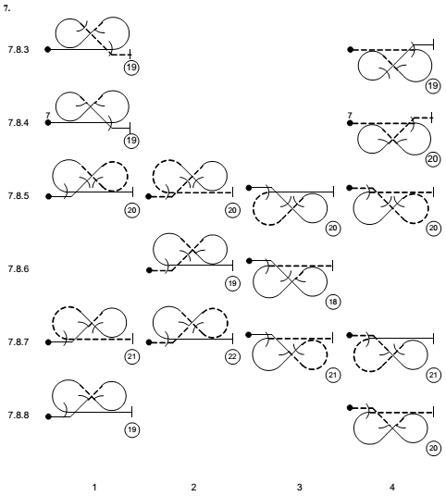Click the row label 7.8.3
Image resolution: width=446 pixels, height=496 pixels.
click(19, 50)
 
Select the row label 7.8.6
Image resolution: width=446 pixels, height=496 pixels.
click(19, 269)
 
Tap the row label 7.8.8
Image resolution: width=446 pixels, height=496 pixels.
click(19, 415)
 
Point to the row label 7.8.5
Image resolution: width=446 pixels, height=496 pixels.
click(19, 196)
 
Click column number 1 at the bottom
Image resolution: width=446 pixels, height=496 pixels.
click(94, 487)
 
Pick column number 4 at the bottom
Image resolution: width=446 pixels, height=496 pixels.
click(392, 487)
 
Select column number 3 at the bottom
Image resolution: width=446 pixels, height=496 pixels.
click(299, 487)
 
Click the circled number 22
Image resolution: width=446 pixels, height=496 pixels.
click(232, 356)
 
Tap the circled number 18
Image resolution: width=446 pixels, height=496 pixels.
click(333, 302)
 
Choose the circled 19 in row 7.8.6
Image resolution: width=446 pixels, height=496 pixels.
click(232, 283)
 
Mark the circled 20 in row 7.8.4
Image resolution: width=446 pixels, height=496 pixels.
click(433, 159)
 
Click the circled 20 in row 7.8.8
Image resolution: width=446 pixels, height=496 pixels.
click(433, 448)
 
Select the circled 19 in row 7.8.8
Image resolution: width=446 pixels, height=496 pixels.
click(131, 429)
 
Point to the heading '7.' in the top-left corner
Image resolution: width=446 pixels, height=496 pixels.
click(6, 9)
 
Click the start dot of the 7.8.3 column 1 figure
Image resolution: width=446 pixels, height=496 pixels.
click(48, 49)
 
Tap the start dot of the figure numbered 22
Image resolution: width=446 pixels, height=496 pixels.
click(149, 342)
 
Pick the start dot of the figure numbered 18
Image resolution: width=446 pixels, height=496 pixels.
click(249, 261)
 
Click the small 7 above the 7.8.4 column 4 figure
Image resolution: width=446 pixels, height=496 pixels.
click(350, 115)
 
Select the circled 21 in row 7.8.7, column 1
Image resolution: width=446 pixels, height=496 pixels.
click(131, 356)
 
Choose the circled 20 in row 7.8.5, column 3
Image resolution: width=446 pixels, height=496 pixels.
click(333, 228)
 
